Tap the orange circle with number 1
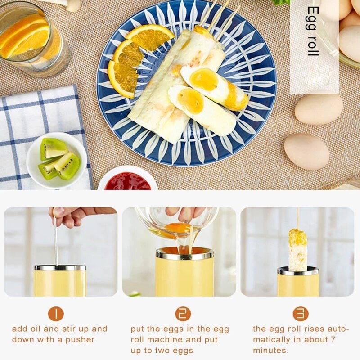56,314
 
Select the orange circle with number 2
183,314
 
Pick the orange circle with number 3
301,314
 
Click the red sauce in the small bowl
128,182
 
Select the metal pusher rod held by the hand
56,243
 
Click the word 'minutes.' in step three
270,351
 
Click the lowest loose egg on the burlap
306,152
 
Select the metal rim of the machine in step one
60,268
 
